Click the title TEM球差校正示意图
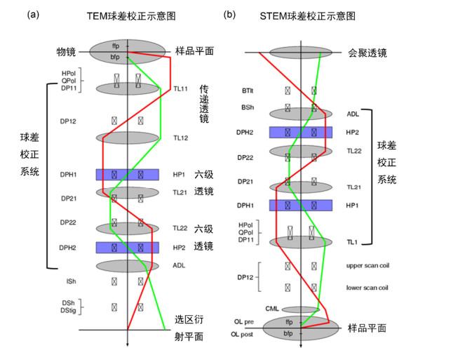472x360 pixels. [x=128, y=15]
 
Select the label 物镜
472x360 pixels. [x=67, y=52]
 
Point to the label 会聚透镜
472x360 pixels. [x=368, y=53]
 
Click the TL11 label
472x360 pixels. [x=181, y=89]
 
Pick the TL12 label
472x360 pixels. [x=181, y=138]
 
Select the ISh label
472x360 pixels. [x=71, y=281]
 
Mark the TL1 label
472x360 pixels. [x=352, y=241]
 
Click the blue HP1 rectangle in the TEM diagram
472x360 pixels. [x=127, y=175]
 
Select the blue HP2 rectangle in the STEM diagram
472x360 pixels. [x=300, y=132]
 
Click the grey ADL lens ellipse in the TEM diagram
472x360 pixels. [x=127, y=266]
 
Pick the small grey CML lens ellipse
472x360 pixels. [x=300, y=309]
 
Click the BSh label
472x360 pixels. [x=248, y=108]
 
